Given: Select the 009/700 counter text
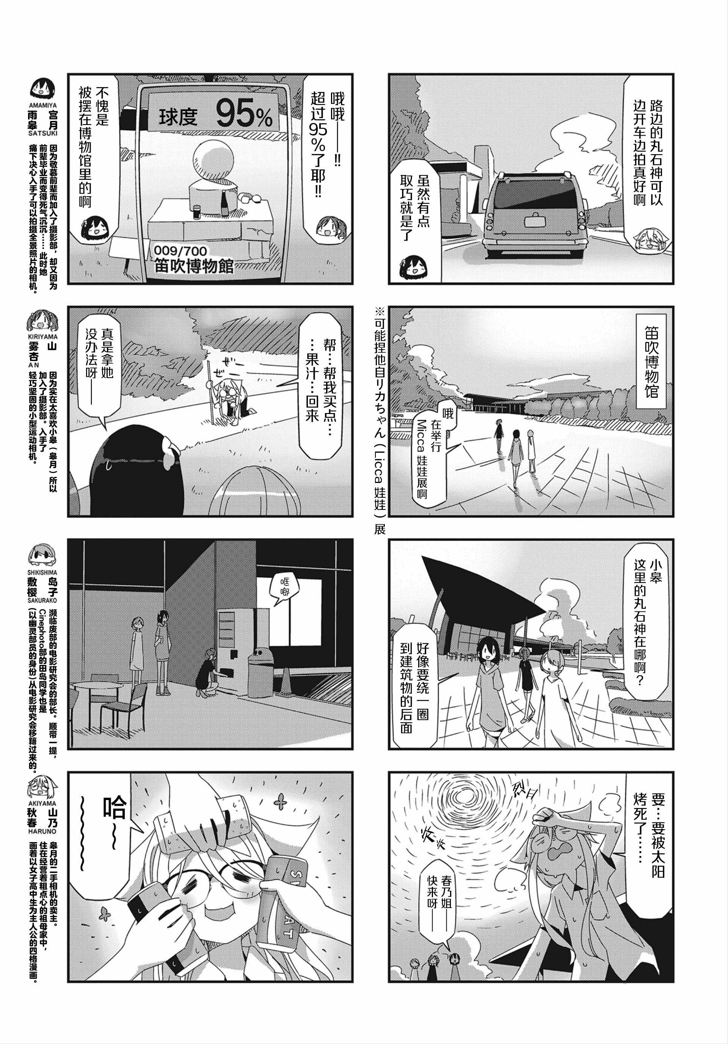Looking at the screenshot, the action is tap(180, 251).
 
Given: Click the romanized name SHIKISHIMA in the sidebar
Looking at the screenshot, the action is tap(43, 574).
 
